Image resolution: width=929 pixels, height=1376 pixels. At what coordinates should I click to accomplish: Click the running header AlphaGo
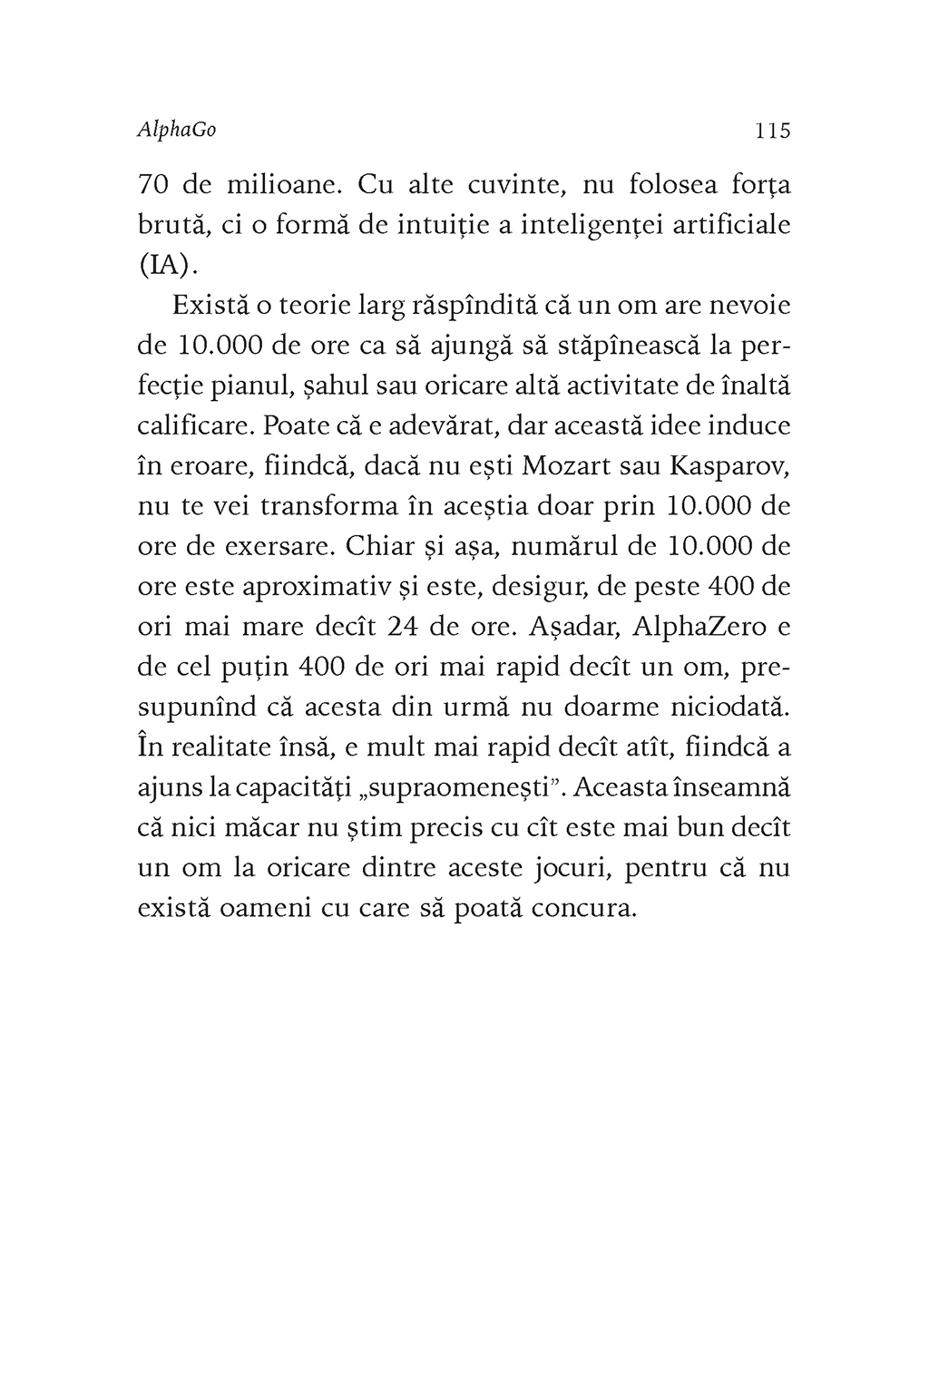(x=177, y=131)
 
